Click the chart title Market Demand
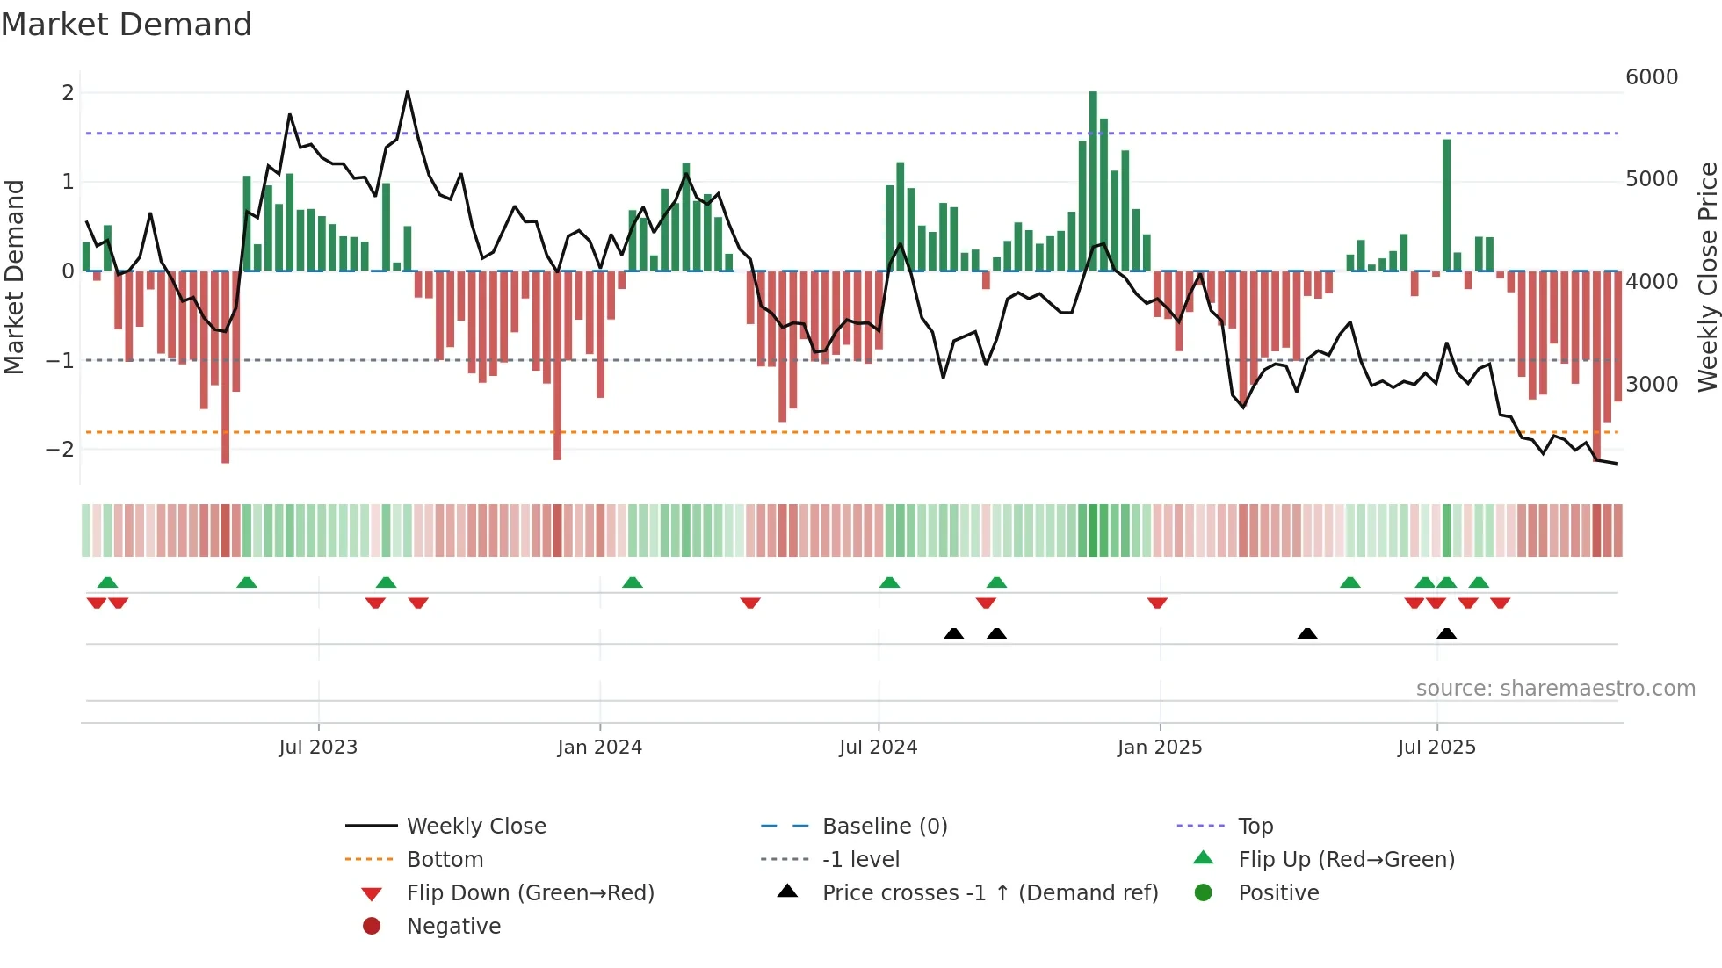click(x=127, y=25)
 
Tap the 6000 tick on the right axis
click(x=1651, y=77)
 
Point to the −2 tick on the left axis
click(x=61, y=450)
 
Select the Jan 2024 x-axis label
click(x=599, y=748)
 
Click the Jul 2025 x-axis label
click(x=1436, y=748)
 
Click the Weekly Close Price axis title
click(x=1707, y=277)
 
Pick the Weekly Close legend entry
click(x=475, y=827)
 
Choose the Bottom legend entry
click(x=445, y=860)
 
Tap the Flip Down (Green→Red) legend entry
click(x=530, y=893)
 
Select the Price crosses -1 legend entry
click(x=989, y=893)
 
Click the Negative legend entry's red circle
click(x=372, y=927)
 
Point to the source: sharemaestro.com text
click(x=1555, y=689)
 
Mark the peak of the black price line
click(x=408, y=92)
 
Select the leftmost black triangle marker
click(x=953, y=633)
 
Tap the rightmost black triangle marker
click(x=1446, y=633)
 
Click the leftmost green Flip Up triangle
click(x=107, y=582)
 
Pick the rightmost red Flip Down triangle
click(x=1500, y=603)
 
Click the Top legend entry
click(x=1255, y=827)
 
